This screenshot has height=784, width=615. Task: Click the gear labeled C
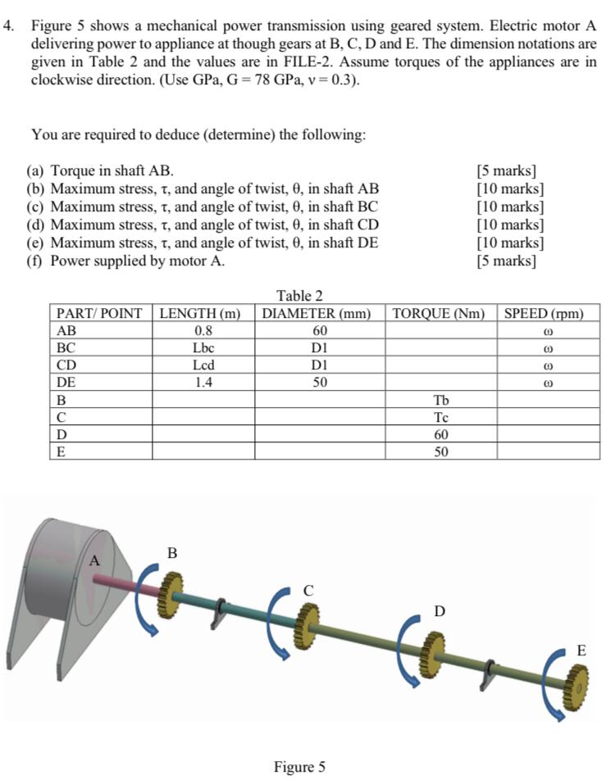307,622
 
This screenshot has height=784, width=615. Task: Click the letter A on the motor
94,561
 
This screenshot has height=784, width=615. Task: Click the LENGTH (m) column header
202,314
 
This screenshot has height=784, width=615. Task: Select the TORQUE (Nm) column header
440,314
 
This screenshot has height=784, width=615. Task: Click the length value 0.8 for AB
202,331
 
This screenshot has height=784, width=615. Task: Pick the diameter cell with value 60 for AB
320,331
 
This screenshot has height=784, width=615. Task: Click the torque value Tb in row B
440,400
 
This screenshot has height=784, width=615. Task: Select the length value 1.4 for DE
202,383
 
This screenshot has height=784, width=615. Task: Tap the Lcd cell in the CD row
202,365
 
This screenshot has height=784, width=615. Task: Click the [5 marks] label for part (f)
506,261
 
